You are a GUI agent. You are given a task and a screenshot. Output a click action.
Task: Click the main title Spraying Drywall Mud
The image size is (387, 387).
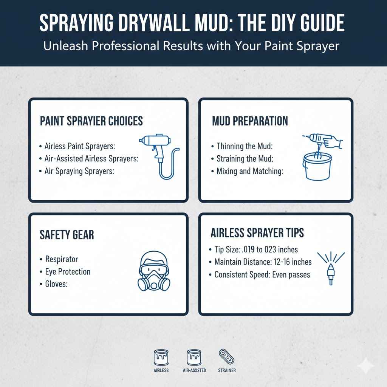[192, 23]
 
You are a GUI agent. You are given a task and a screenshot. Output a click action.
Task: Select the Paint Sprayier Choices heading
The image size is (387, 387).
[91, 121]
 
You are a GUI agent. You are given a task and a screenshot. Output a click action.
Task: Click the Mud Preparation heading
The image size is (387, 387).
[250, 121]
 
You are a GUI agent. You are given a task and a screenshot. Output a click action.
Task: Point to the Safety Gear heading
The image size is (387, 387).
[67, 235]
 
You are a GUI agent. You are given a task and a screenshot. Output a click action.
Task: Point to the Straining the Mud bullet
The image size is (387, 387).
[245, 158]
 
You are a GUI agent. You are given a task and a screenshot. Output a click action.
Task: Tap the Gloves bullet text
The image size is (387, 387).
[56, 284]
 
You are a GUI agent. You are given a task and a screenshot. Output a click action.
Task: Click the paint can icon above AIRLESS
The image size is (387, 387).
[161, 356]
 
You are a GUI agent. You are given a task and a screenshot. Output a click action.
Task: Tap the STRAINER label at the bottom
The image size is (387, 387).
[227, 370]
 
